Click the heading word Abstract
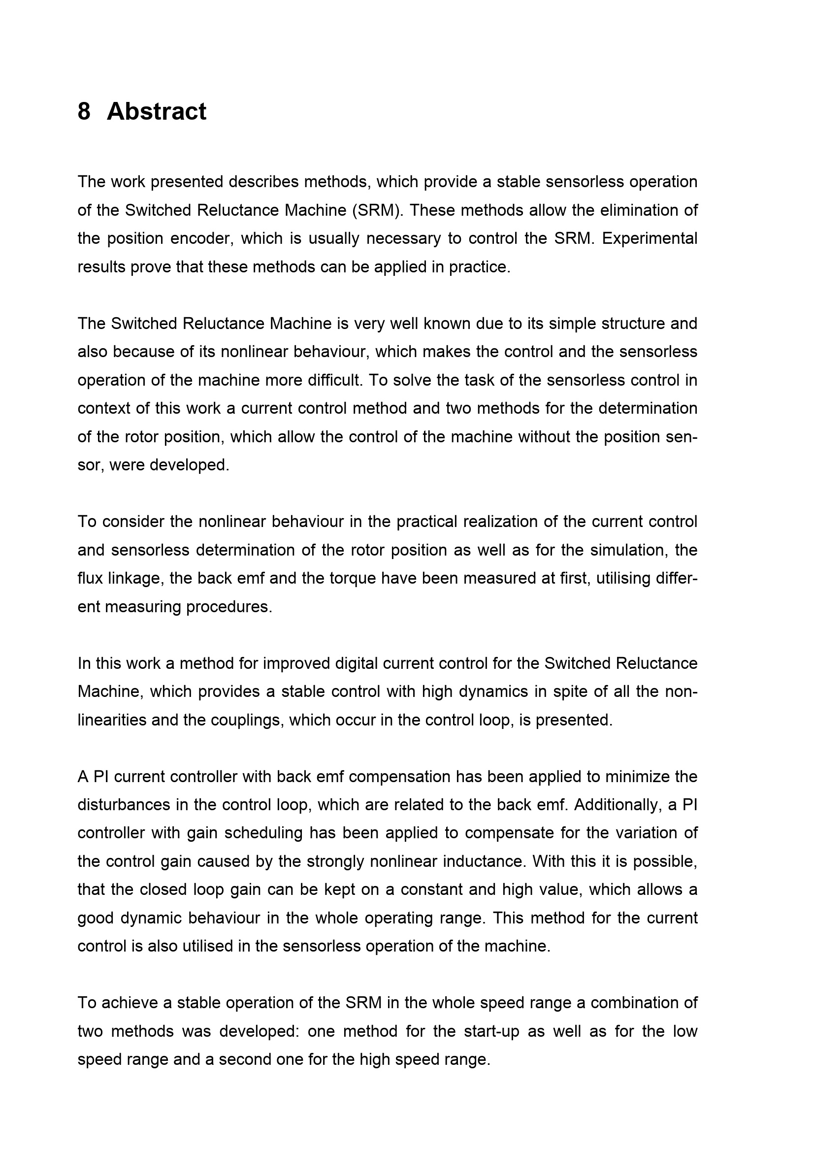(156, 111)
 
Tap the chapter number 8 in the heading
(84, 111)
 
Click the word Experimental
(650, 238)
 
